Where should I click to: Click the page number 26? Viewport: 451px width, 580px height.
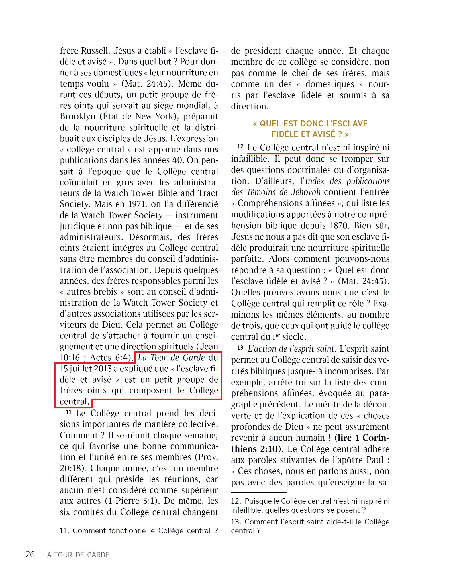[x=30, y=554]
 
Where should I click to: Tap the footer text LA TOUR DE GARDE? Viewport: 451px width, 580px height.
[x=76, y=555]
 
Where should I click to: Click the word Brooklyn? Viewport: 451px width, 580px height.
[x=76, y=116]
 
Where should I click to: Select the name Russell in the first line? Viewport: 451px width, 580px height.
[x=95, y=51]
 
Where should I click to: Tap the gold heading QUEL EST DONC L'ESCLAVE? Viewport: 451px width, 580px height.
[x=310, y=124]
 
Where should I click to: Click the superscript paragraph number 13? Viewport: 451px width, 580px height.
[x=240, y=348]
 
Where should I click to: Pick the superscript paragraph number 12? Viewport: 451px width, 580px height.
[x=240, y=147]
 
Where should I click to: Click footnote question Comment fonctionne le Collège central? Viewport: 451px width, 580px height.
[x=139, y=531]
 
